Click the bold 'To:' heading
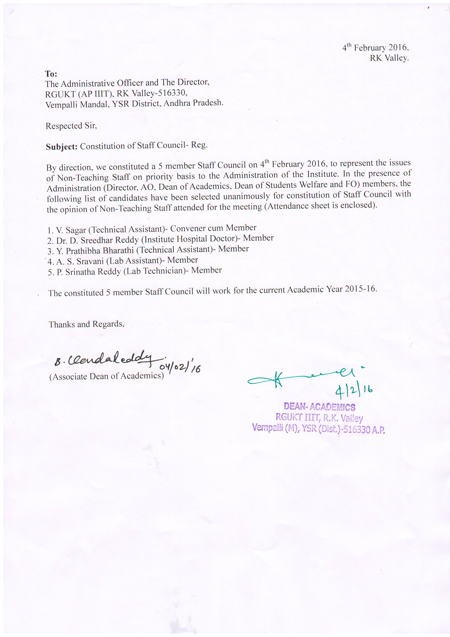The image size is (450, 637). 51,74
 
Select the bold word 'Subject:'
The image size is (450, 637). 62,147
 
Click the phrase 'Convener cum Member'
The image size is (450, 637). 213,228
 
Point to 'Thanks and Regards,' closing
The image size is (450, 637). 86,324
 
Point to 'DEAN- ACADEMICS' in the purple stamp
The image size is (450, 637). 319,407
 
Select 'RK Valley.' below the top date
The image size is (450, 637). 389,58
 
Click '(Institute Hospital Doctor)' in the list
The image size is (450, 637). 191,239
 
